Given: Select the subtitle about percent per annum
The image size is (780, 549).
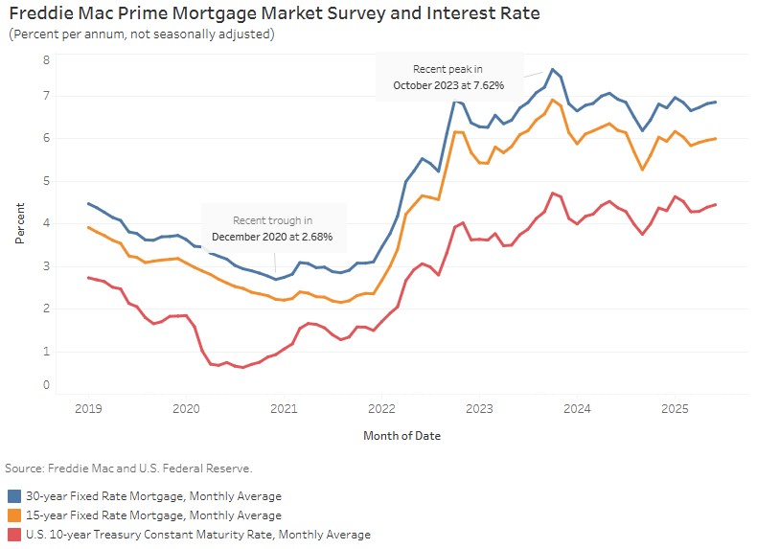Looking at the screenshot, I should tap(142, 34).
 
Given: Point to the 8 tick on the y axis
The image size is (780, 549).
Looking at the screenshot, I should tap(45, 59).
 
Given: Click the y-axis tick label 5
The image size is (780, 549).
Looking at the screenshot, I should tap(45, 181).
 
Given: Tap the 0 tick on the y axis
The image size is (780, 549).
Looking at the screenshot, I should tap(45, 385).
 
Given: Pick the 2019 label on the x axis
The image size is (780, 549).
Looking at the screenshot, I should tap(87, 409).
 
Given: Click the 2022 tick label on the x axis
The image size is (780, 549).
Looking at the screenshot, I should tap(381, 409).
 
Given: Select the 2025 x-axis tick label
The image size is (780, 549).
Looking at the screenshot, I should tap(676, 409).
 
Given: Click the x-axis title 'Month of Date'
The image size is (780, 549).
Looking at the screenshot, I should tap(401, 435).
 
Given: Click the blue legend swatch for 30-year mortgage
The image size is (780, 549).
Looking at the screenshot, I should tap(15, 496).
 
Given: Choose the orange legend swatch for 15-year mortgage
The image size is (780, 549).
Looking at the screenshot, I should tap(15, 515).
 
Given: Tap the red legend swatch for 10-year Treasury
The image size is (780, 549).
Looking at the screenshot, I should tap(15, 535).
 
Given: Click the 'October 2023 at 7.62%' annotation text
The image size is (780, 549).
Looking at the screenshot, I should tap(448, 85).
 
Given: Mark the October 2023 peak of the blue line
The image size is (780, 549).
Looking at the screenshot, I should tap(553, 70).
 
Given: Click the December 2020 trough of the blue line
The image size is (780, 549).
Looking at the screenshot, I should tap(276, 279).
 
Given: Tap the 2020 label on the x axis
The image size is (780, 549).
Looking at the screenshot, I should tap(185, 409).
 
